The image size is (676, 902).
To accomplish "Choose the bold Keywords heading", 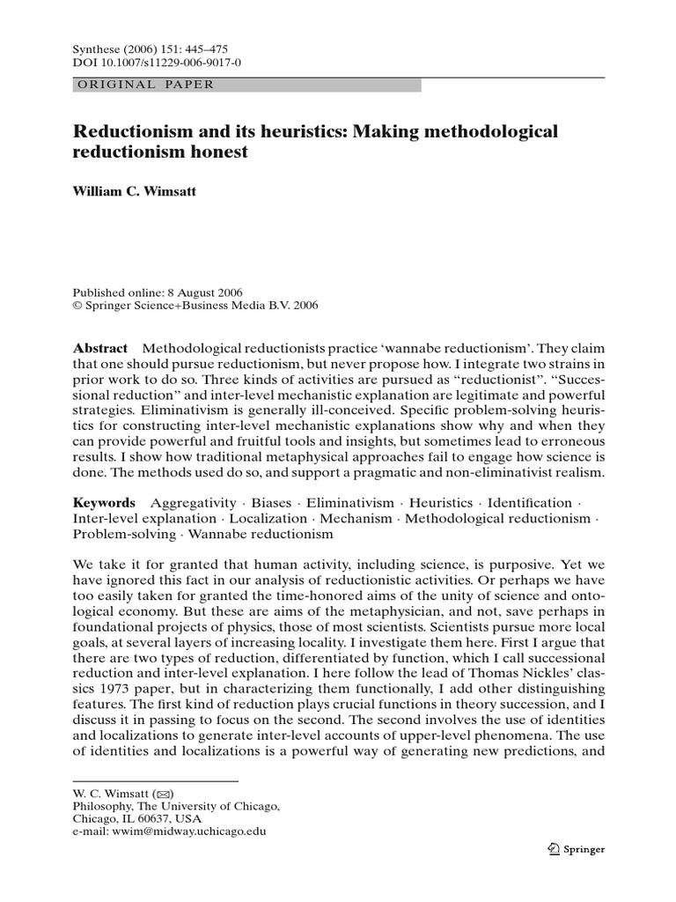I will [105, 502].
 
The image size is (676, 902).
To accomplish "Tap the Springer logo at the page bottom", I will [576, 849].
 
